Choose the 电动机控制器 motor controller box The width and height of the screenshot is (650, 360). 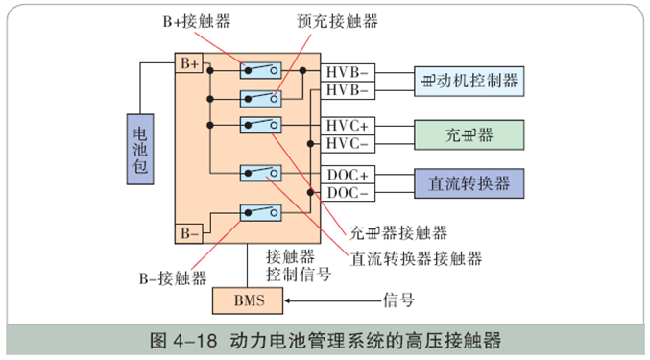pyautogui.click(x=469, y=81)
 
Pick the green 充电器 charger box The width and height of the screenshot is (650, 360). pyautogui.click(x=469, y=133)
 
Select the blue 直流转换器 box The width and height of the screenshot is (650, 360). pyautogui.click(x=469, y=182)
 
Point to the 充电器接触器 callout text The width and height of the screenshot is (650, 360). pyautogui.click(x=398, y=232)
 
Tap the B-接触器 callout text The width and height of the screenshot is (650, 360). pyautogui.click(x=174, y=277)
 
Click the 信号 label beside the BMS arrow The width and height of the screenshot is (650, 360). pyautogui.click(x=398, y=300)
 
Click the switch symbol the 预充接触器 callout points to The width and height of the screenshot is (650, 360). pyautogui.click(x=260, y=97)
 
